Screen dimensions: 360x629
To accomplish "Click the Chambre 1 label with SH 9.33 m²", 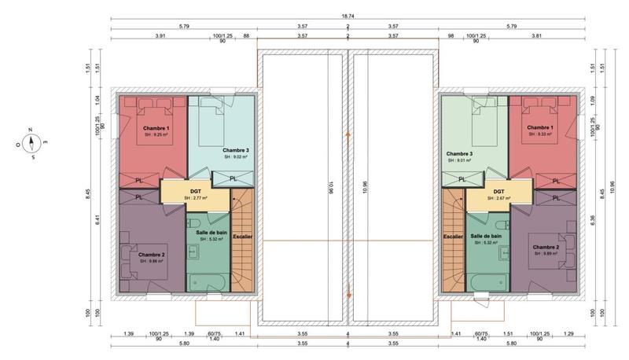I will tap(539, 128).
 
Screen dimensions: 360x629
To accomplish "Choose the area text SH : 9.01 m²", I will tap(459, 160).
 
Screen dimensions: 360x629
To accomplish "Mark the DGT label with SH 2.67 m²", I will tap(498, 191).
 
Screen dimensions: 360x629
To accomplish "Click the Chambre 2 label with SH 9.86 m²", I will tap(151, 255).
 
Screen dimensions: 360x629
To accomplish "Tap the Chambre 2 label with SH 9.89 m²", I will tap(546, 248).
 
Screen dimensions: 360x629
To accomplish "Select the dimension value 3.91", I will tap(160, 35).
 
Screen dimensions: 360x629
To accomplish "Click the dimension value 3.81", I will tap(536, 35).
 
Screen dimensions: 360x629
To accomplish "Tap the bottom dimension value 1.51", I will tap(508, 334).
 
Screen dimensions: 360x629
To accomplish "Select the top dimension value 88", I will tap(246, 35).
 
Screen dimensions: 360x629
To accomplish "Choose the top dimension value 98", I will tap(451, 35).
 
